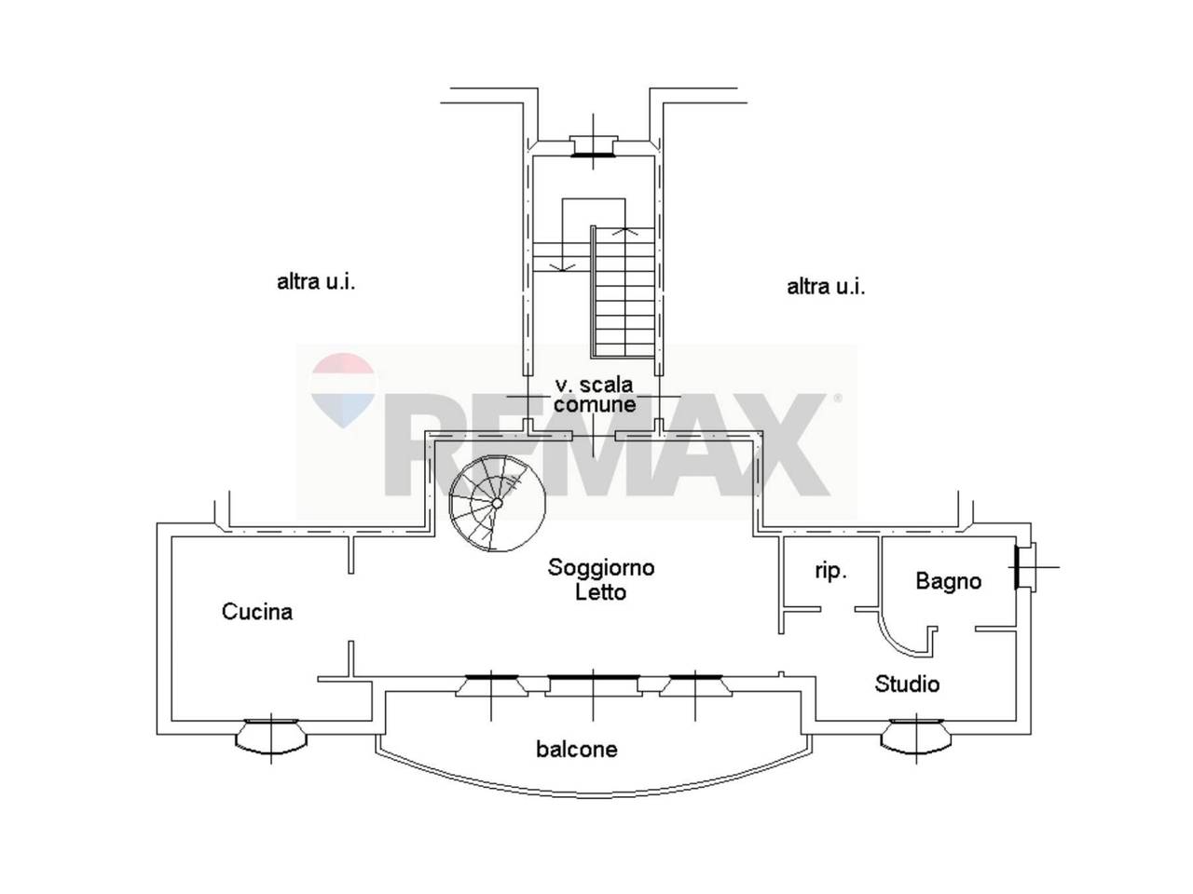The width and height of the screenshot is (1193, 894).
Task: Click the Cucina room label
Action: [256, 612]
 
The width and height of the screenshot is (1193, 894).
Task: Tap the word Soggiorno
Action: [600, 568]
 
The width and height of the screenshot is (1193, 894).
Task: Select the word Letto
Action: [600, 592]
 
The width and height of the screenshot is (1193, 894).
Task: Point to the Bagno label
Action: [949, 581]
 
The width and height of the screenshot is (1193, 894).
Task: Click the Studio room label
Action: [907, 684]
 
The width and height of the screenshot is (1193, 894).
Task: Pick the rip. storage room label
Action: [830, 572]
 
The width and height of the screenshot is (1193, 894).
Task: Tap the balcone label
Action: [577, 750]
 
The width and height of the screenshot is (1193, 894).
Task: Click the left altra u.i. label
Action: [316, 282]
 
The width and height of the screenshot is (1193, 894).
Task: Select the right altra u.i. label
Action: [826, 287]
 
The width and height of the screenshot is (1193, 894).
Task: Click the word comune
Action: [594, 404]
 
